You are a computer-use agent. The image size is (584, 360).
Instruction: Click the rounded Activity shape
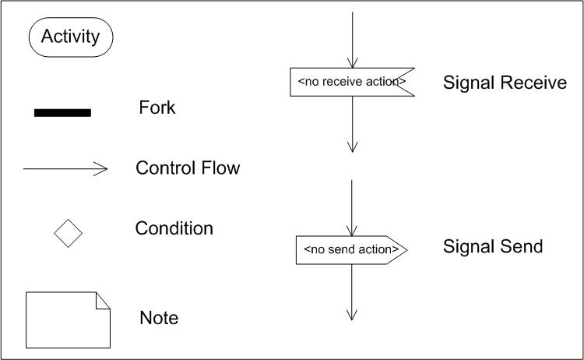(x=71, y=37)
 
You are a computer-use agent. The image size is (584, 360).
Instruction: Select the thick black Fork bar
(x=62, y=113)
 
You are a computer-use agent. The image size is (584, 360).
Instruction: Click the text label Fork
(x=157, y=108)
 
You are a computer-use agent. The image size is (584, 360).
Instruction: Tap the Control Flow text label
(x=188, y=168)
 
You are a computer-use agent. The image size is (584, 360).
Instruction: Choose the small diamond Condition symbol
(x=68, y=233)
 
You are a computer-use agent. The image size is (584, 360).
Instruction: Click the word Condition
(x=174, y=228)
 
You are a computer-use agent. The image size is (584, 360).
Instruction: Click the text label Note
(x=159, y=318)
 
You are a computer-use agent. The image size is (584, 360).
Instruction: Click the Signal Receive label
(x=505, y=83)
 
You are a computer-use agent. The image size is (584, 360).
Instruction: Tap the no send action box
(x=351, y=249)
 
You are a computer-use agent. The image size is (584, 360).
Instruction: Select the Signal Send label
(x=493, y=247)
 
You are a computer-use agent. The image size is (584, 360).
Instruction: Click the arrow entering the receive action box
(x=353, y=39)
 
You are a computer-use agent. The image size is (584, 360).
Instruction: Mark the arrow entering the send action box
(x=353, y=207)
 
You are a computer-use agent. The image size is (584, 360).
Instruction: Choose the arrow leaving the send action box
(x=352, y=291)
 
